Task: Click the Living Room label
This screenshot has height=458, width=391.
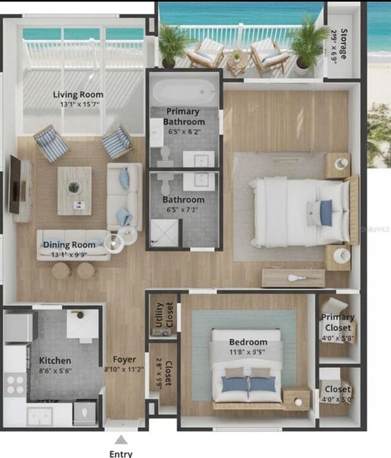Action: (78, 94)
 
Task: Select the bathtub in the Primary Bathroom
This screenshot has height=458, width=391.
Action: (183, 93)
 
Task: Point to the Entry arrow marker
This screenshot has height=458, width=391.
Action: (121, 440)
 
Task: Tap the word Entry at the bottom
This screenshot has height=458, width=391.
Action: (121, 454)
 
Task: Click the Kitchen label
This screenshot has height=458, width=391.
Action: (55, 360)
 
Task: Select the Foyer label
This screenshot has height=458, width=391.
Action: (124, 360)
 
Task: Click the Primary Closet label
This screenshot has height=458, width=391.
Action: (337, 321)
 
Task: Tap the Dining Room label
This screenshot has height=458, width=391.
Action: (69, 245)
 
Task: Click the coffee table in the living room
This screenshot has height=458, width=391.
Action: (74, 190)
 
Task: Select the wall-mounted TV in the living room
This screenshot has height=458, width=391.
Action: (14, 184)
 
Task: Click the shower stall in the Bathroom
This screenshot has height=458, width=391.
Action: (164, 232)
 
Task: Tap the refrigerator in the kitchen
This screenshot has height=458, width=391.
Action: (18, 328)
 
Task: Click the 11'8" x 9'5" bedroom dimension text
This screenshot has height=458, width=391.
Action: (247, 351)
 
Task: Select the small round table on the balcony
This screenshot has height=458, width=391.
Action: (237, 58)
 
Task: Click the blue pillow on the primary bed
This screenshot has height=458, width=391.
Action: (326, 212)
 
